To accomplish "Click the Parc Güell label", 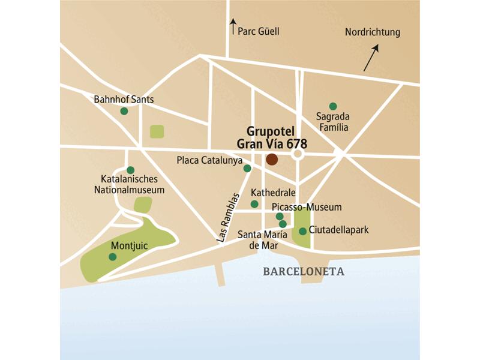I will [259, 32].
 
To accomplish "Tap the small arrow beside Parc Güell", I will [233, 25].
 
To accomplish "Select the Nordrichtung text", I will [372, 32].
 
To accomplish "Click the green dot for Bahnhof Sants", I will [124, 111].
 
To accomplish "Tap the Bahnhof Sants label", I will [124, 99].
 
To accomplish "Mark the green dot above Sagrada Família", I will [333, 106].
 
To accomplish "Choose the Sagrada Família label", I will [333, 122].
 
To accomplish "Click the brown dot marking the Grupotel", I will [272, 159].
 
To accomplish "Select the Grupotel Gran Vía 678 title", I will [277, 138].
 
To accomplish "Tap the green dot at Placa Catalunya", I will [247, 169].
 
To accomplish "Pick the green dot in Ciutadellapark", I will [303, 231].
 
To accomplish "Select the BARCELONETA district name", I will [304, 272].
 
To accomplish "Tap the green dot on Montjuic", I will [112, 257].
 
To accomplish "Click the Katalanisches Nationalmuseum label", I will [130, 185].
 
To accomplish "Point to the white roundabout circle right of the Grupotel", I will [298, 155].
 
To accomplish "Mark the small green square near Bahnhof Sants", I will [157, 131].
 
